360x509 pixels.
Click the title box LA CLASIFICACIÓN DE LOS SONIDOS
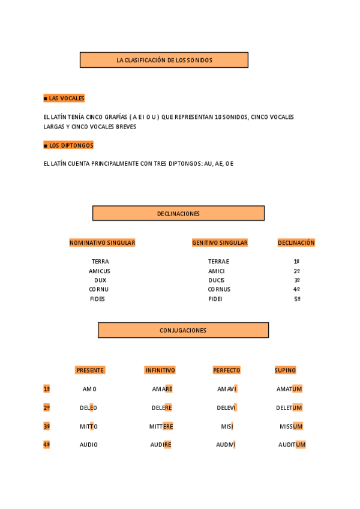coord(164,60)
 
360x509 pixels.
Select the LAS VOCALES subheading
coord(64,98)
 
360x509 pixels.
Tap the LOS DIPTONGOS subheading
coord(68,146)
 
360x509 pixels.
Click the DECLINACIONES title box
coord(178,214)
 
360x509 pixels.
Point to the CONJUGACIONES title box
coord(183,330)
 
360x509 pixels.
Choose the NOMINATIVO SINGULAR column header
coord(102,243)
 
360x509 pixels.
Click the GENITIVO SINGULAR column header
coord(220,243)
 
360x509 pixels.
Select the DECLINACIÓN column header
coord(296,243)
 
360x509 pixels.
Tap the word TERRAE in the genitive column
coord(218,262)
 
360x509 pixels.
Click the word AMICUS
coord(100,271)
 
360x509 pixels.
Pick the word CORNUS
coord(219,289)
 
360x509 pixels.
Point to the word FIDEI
coord(215,299)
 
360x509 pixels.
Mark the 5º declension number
coord(296,299)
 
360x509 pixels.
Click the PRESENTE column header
coord(90,370)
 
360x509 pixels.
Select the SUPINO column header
coord(285,370)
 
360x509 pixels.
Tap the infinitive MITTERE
coord(161,426)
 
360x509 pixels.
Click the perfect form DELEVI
coord(227,408)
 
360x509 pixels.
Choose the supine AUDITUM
coord(292,445)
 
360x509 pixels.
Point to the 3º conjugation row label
coord(46,426)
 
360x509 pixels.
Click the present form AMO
coord(89,389)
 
